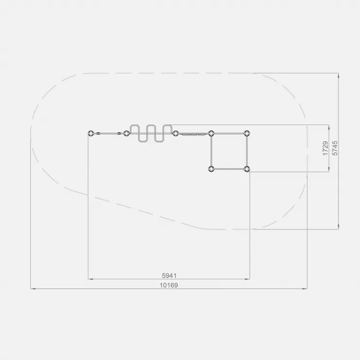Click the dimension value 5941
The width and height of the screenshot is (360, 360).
point(169,275)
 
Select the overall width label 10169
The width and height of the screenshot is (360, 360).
point(169,285)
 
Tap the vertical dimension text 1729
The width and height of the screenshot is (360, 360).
point(325,148)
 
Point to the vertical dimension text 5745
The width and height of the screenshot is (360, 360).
point(335,148)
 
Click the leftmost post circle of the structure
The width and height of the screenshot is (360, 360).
point(91,133)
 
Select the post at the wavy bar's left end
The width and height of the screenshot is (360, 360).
point(126,133)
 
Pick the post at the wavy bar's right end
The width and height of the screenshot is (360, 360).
point(176,133)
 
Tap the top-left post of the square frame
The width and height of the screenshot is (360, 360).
point(211,133)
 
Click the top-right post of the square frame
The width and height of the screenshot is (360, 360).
point(247,133)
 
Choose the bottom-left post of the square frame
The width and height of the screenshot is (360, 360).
point(211,169)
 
